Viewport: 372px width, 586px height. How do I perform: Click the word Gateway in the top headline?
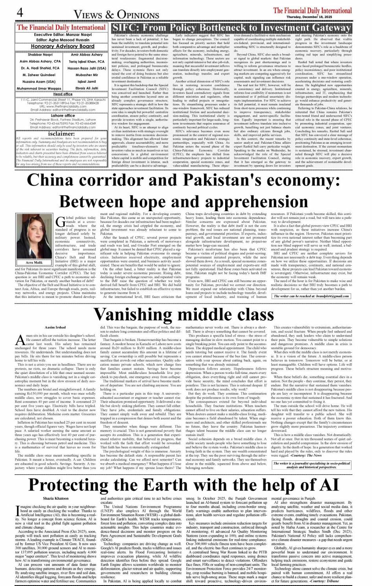coord(330,28)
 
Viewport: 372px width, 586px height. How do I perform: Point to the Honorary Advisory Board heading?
coord(63,46)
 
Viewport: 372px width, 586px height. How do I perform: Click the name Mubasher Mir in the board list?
coord(87,75)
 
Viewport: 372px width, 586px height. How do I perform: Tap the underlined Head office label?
coord(63,94)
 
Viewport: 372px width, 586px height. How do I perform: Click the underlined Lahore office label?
coord(63,116)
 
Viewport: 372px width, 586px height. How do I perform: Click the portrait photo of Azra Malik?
coord(34,236)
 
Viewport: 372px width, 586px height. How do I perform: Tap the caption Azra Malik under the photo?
coord(34,262)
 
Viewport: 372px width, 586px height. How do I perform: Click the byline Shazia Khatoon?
coord(56,498)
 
